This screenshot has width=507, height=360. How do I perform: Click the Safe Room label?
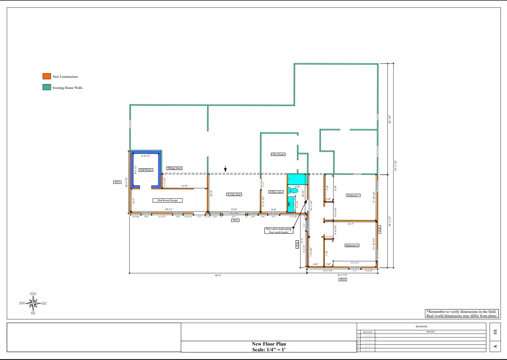[146, 170]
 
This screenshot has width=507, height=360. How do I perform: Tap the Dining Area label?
[174, 168]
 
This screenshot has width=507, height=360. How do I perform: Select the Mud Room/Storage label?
[168, 200]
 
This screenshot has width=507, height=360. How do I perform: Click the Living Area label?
[234, 195]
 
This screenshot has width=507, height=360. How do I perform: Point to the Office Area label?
[276, 192]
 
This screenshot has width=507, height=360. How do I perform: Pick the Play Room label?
[278, 154]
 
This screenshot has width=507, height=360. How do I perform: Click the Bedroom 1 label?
[353, 195]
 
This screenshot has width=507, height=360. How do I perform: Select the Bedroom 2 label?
[352, 245]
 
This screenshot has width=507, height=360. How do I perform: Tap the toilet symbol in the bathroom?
[293, 190]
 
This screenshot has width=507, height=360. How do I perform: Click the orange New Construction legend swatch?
[47, 76]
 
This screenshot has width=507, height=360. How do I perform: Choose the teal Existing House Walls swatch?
[47, 87]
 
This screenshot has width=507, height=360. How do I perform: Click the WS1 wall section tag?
[117, 182]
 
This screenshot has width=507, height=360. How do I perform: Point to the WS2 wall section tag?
[235, 220]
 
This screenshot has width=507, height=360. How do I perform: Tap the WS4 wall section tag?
[343, 280]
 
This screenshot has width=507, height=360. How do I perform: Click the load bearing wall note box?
[279, 231]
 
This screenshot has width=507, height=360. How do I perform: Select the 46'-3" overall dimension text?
[218, 275]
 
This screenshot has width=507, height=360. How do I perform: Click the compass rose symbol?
[33, 304]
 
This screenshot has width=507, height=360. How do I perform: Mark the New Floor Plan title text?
[269, 344]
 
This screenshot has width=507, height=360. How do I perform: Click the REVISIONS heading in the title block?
[421, 326]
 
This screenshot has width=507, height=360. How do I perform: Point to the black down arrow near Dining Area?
[225, 169]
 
